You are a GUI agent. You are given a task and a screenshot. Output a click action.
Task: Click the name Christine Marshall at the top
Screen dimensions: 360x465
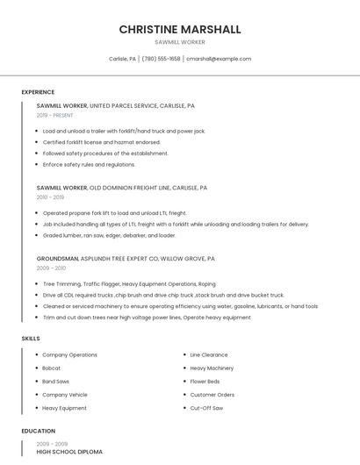(x=180, y=29)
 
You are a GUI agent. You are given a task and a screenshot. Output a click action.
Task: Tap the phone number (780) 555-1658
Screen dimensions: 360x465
(x=161, y=59)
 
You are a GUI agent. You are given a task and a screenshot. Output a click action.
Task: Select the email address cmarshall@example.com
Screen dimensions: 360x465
(x=219, y=59)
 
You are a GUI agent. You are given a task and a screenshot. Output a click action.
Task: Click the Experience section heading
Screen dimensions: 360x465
(x=38, y=92)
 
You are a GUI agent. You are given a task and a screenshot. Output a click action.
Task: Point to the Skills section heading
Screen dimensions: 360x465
(x=31, y=338)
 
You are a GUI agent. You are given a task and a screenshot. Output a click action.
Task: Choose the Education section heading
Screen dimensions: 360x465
(x=39, y=432)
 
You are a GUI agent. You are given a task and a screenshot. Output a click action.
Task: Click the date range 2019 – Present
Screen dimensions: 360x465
(x=55, y=115)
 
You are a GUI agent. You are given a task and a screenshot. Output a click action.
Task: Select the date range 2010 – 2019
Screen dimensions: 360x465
(x=50, y=197)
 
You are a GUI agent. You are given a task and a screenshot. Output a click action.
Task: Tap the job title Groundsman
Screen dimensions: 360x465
(x=57, y=259)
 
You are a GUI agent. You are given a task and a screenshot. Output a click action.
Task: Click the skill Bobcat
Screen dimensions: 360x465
(x=53, y=368)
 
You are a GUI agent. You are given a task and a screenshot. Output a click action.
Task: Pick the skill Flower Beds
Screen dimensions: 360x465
(x=205, y=382)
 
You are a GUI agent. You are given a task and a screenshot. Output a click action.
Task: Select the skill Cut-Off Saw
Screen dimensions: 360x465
(x=206, y=408)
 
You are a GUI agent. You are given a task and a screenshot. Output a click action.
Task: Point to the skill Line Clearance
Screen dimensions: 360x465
(x=209, y=355)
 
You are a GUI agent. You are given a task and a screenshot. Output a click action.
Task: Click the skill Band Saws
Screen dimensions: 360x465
(x=56, y=382)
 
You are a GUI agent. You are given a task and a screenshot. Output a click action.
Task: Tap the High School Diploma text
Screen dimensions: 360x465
(x=69, y=452)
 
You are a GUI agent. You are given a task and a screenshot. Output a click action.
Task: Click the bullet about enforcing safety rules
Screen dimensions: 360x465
(x=89, y=164)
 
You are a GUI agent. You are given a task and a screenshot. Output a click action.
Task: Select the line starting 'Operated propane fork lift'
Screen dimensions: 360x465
(x=114, y=213)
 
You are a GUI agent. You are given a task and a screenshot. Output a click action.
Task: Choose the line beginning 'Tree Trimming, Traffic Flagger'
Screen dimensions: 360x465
(x=129, y=284)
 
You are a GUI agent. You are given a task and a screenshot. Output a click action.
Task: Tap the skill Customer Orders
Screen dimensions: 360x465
(x=212, y=395)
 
